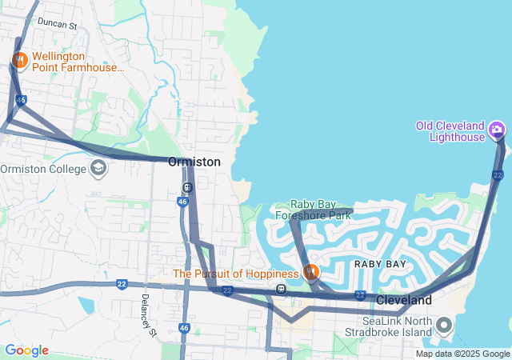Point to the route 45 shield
(x=21, y=100)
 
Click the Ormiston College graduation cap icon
(x=98, y=168)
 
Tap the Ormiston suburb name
(x=194, y=162)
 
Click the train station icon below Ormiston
(x=186, y=189)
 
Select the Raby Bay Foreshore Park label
(x=314, y=210)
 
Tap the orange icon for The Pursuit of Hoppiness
(x=310, y=272)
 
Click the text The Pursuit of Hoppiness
(x=236, y=274)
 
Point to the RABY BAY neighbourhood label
(x=381, y=264)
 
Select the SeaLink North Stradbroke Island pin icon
(x=445, y=326)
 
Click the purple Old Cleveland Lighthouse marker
(x=497, y=129)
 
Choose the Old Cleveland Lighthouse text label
(x=450, y=131)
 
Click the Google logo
(x=26, y=350)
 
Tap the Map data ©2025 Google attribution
(x=462, y=354)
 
